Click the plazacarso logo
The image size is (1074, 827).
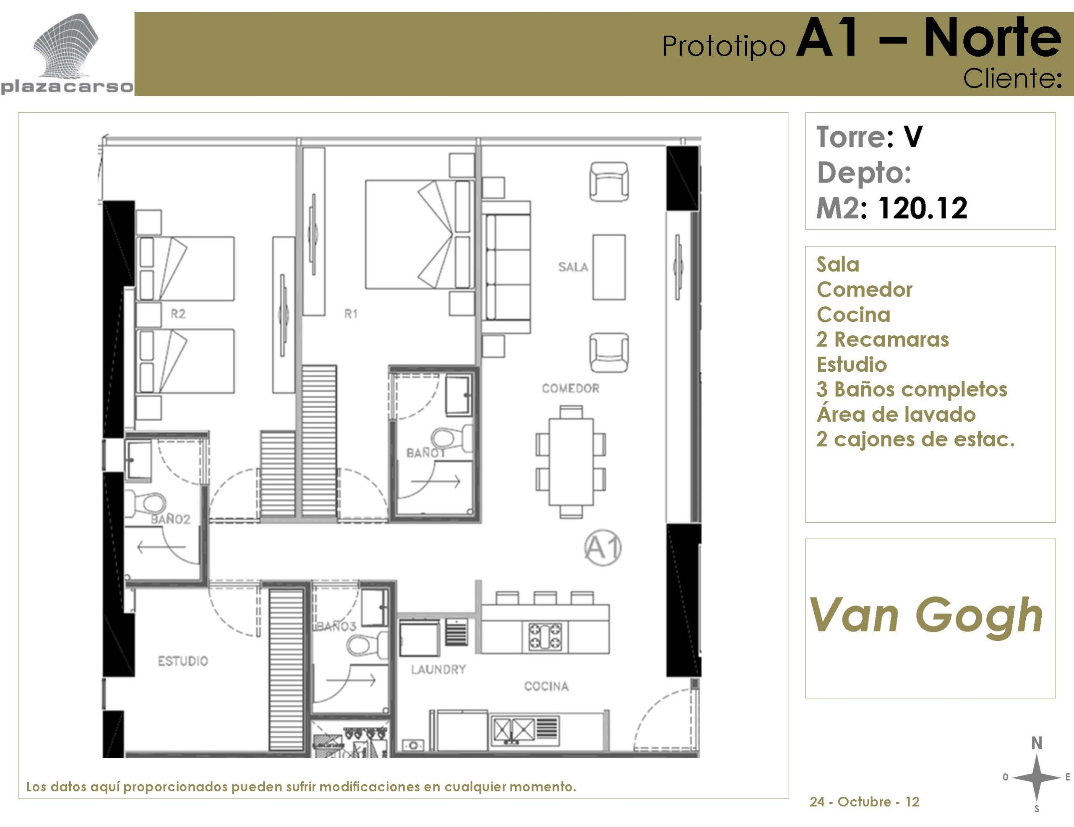point(67,54)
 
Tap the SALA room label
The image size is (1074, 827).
point(573,267)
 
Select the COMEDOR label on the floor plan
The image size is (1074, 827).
point(571,389)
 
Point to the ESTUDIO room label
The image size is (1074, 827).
point(183,661)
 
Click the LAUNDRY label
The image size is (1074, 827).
point(438,669)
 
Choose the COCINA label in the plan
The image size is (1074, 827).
point(546,686)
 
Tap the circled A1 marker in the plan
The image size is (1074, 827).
point(603,547)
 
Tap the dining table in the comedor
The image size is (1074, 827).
point(571,461)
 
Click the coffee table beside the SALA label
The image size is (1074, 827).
point(609,267)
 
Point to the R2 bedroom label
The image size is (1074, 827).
point(178,314)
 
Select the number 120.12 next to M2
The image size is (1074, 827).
point(923,208)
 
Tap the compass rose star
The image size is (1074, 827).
point(1036,777)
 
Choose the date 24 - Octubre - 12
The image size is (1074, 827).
point(864,802)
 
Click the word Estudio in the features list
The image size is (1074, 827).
point(852,364)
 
